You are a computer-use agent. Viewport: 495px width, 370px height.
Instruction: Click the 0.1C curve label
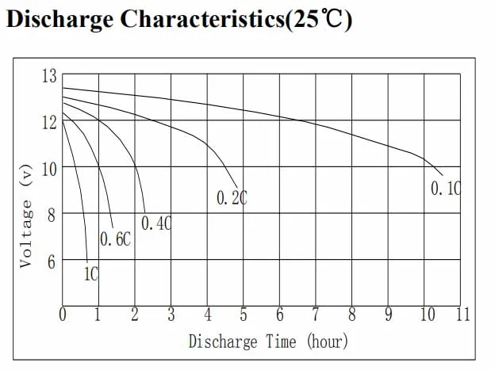tap(445, 189)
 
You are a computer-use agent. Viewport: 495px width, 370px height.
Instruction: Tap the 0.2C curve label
tap(232, 198)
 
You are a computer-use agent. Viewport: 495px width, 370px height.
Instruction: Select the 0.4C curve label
tap(156, 224)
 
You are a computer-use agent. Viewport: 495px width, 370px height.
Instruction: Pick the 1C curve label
tap(90, 274)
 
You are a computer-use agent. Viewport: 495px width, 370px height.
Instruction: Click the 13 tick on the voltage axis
tap(49, 76)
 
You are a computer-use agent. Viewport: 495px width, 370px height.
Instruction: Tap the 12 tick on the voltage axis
tap(49, 121)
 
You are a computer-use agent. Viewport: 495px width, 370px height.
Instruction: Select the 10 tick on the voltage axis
tap(49, 168)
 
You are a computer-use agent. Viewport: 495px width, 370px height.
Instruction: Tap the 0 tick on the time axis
tap(63, 315)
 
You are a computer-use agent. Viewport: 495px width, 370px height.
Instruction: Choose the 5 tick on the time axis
tap(244, 315)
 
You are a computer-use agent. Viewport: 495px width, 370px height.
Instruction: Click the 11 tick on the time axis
tap(462, 315)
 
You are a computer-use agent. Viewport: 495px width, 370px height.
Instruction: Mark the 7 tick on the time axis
tap(316, 315)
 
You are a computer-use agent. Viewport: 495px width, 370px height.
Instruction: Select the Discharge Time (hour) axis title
tap(268, 341)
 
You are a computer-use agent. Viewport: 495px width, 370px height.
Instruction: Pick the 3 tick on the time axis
tap(171, 315)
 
